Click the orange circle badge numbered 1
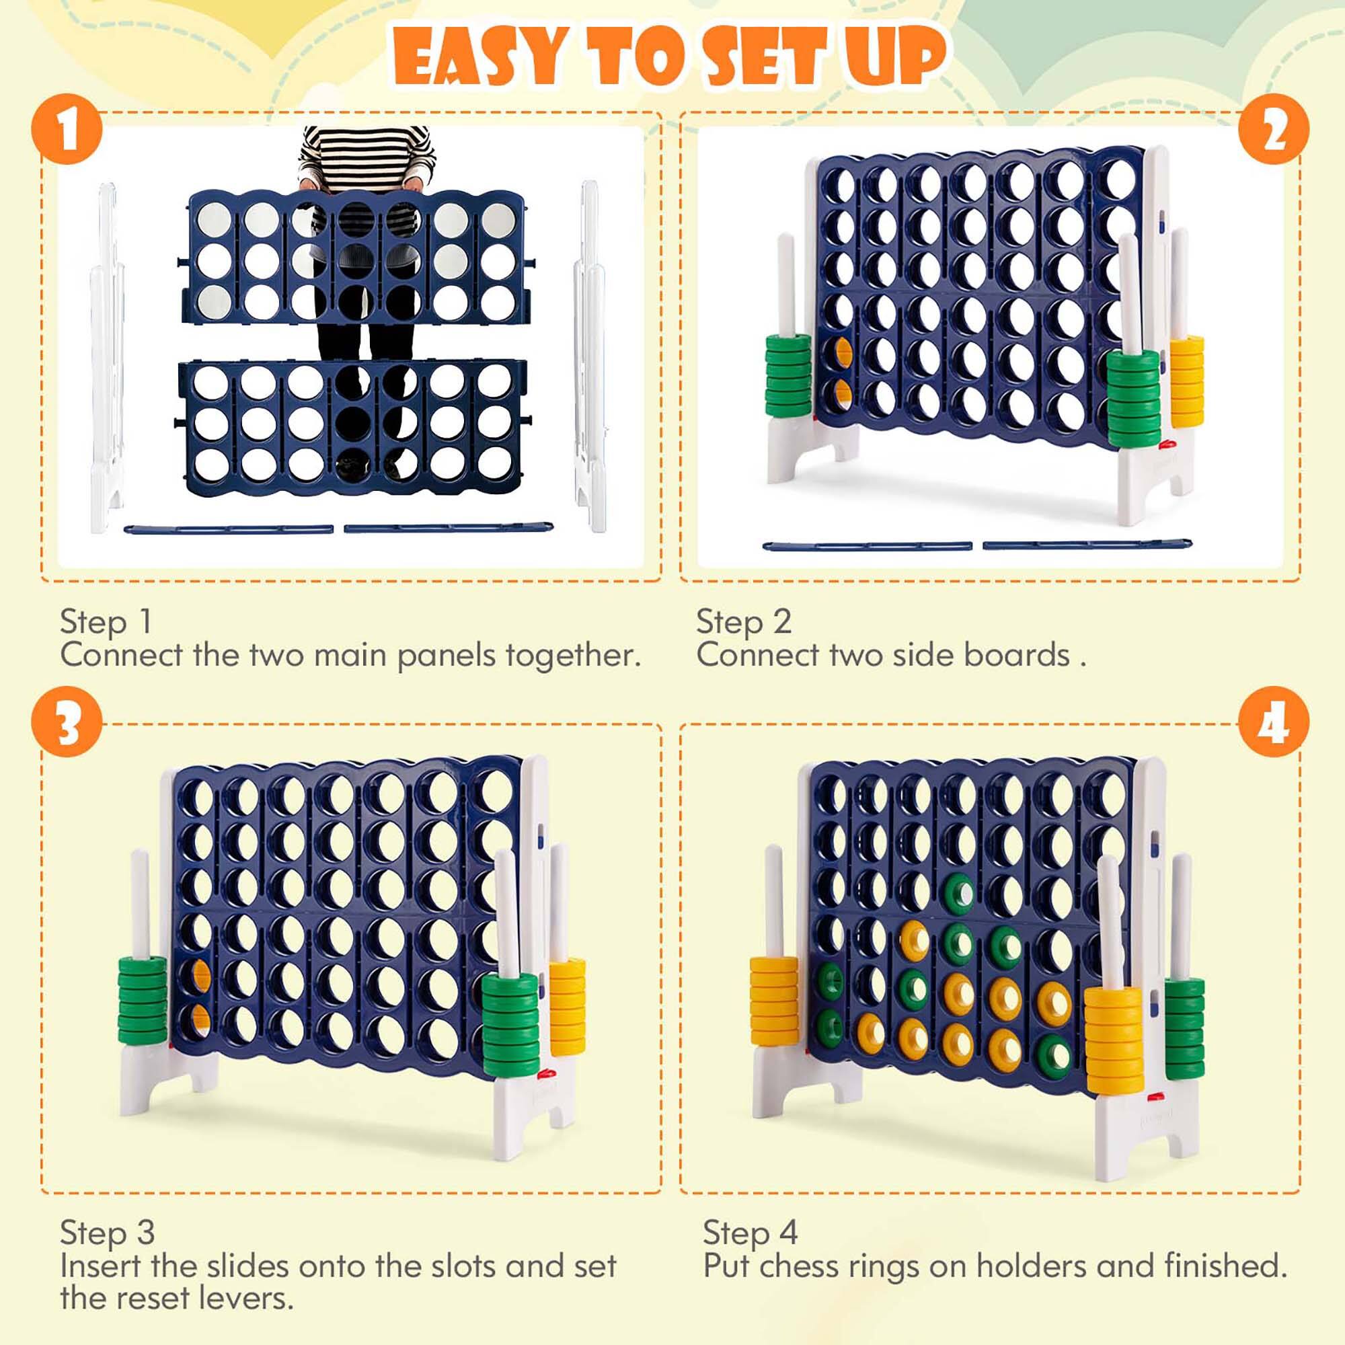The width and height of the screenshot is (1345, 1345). click(x=67, y=129)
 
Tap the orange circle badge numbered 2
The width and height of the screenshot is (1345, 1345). click(x=1273, y=129)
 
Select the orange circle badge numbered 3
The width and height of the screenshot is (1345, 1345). click(x=67, y=722)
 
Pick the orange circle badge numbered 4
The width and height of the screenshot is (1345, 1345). click(x=1273, y=722)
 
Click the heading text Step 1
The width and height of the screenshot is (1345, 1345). click(x=106, y=621)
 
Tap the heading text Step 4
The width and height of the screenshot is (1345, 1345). click(x=750, y=1233)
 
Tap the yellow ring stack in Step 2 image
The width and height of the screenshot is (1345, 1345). click(x=1186, y=381)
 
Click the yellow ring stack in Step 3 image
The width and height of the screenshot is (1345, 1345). click(x=567, y=1006)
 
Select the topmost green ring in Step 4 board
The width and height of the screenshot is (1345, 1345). click(x=960, y=892)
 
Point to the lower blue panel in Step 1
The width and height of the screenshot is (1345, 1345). click(x=352, y=426)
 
